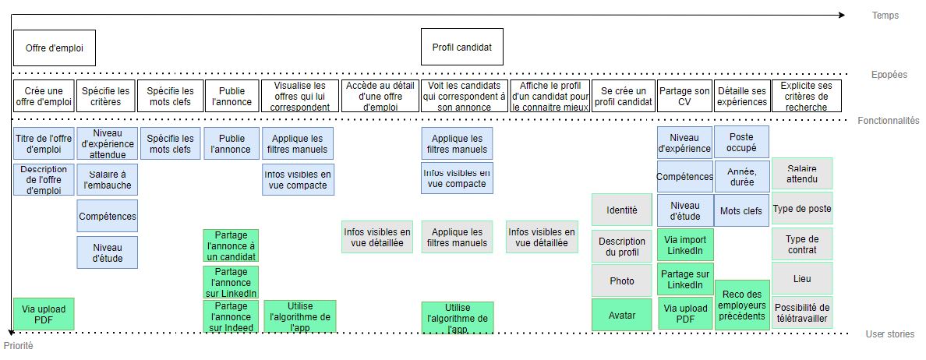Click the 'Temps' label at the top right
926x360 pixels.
coord(885,16)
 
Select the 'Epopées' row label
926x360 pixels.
coord(889,75)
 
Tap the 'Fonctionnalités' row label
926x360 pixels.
coord(889,121)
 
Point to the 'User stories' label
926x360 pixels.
coord(890,334)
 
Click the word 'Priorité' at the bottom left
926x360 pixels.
coord(19,345)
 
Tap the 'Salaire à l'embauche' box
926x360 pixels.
coord(107,179)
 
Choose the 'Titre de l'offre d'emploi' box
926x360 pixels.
coord(44,143)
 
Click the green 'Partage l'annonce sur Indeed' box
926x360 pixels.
coord(230,316)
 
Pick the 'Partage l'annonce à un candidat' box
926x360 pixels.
coord(230,245)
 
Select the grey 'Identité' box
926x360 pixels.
coord(621,210)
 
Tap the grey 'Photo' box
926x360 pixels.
coord(621,281)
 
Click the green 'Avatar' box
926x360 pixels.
coord(621,316)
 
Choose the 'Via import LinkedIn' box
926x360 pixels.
coord(684,245)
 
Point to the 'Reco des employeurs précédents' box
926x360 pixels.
coord(742,305)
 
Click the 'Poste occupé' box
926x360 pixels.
coord(741,143)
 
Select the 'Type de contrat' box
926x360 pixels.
coord(802,245)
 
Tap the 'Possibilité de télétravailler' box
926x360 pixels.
coord(802,312)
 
